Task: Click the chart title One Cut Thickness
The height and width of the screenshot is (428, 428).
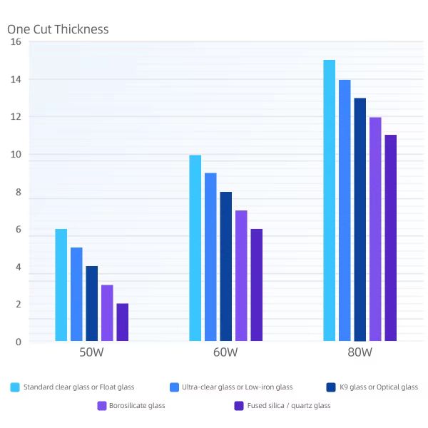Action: (58, 29)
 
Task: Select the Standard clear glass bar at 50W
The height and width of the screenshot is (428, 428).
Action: (61, 285)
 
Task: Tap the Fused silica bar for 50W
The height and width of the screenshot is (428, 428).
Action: (123, 322)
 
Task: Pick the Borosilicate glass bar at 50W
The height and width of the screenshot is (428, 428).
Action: (107, 313)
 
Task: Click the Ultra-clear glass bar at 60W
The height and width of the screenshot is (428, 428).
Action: (210, 257)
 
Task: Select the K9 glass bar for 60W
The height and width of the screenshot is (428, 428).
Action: (226, 266)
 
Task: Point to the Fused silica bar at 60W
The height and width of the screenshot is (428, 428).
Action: (257, 285)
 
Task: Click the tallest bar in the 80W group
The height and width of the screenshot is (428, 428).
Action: (329, 200)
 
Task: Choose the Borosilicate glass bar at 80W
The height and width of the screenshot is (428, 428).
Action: (375, 229)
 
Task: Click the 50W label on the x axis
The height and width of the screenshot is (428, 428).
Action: (92, 353)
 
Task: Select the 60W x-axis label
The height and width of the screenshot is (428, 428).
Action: (225, 353)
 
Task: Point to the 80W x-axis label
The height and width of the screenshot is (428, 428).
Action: (360, 353)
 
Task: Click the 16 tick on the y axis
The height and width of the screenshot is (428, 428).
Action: (16, 42)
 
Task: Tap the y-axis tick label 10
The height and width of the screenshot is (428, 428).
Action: (16, 155)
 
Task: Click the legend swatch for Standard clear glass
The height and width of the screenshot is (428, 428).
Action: (15, 387)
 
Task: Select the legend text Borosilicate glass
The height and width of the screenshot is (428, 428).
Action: (137, 406)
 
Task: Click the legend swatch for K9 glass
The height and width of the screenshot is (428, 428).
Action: (331, 387)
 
